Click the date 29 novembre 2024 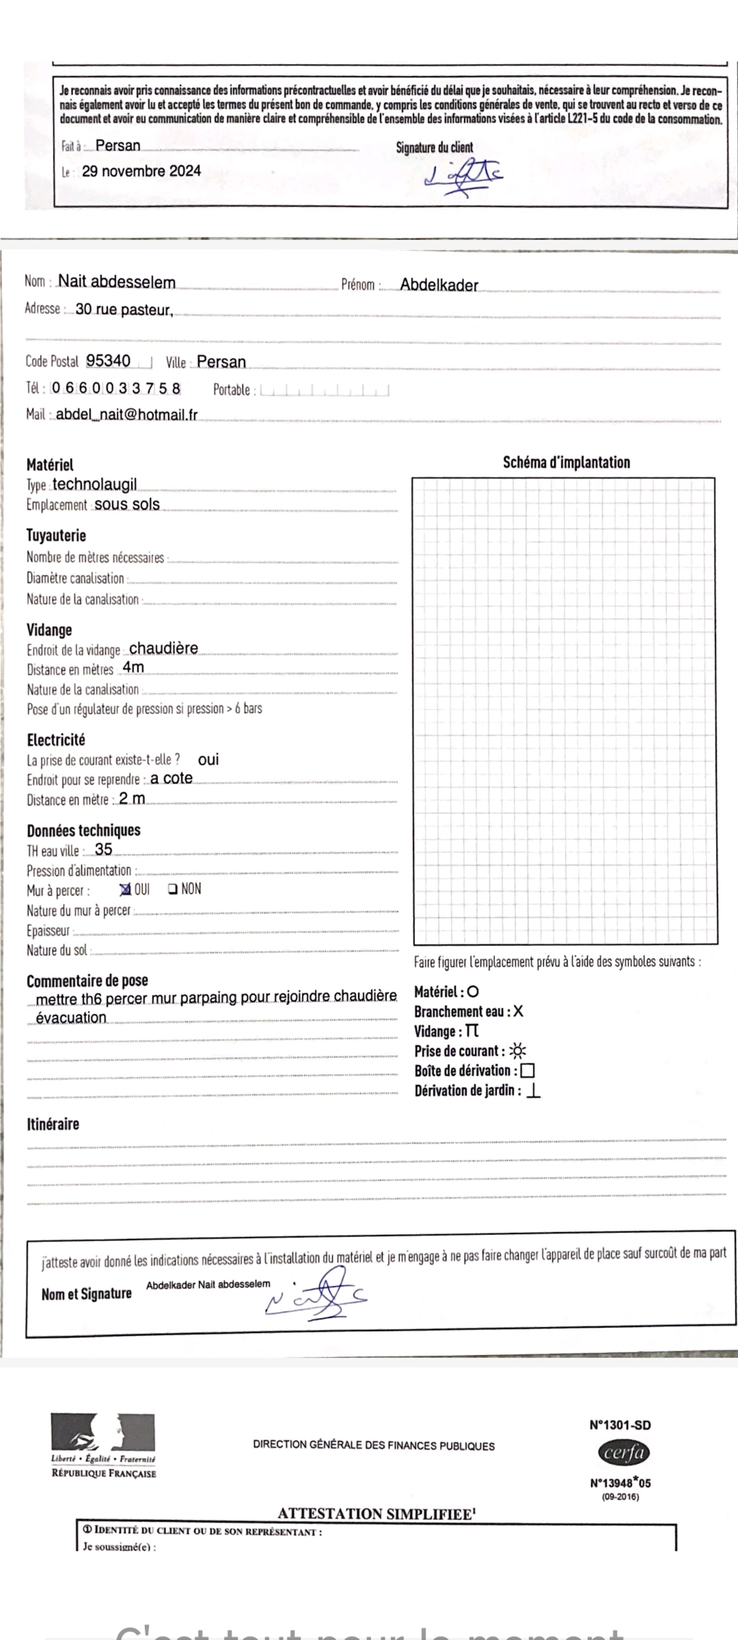(141, 171)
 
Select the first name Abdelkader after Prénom (439, 285)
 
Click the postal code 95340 (108, 361)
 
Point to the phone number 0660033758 (116, 388)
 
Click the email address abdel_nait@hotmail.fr (127, 415)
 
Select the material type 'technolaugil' (94, 485)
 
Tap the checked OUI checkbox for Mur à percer (125, 889)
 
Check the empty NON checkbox (173, 889)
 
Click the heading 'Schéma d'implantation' (566, 463)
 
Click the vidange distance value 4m (133, 667)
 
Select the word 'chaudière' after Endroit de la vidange (163, 648)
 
